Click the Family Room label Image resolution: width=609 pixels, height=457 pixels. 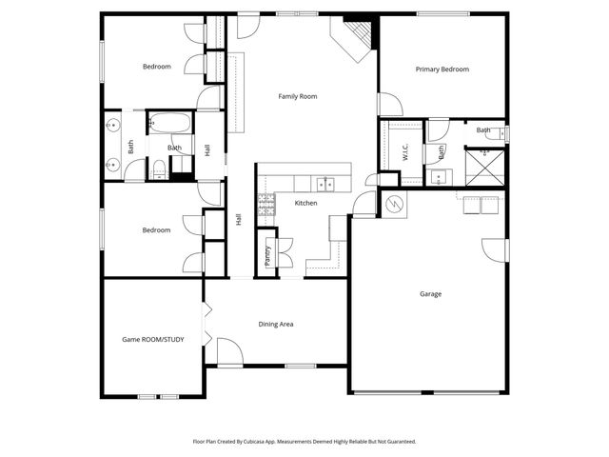(x=297, y=96)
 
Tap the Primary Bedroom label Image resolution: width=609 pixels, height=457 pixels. (x=442, y=70)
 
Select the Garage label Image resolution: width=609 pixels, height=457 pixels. (x=430, y=294)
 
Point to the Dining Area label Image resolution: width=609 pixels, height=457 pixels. (x=276, y=325)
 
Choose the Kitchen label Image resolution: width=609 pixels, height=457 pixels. (x=305, y=203)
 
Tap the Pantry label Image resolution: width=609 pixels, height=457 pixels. (x=267, y=255)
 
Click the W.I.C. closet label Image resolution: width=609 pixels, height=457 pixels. (x=405, y=150)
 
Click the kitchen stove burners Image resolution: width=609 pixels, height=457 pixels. (x=266, y=203)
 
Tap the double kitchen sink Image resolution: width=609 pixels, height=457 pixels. (x=325, y=183)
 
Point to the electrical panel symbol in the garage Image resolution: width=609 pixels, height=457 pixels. (x=393, y=203)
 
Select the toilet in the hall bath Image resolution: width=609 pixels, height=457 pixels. (x=160, y=169)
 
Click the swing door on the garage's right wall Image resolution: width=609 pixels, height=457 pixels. (x=495, y=249)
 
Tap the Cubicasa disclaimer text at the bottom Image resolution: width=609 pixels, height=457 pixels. (x=304, y=442)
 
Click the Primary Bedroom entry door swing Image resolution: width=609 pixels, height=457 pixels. (x=389, y=105)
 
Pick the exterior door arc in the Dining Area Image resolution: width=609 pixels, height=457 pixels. (x=229, y=352)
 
